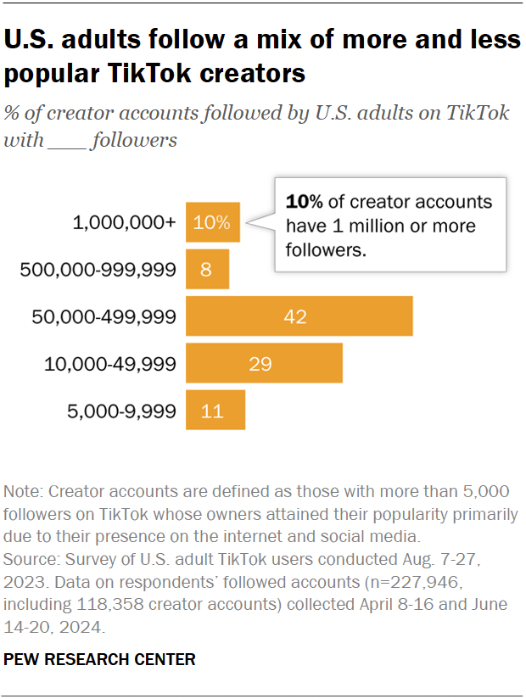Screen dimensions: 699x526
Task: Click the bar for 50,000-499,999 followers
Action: coord(299,316)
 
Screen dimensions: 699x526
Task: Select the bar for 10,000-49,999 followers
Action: coord(264,364)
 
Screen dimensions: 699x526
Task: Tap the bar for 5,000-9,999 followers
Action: coord(215,411)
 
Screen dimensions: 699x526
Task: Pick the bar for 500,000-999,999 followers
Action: coord(207,270)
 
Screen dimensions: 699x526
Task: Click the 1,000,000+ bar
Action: coord(213,223)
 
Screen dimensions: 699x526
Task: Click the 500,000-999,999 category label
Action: coord(98,270)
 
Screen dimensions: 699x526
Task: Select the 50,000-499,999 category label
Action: coord(104,317)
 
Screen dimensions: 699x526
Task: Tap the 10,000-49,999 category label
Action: coord(110,364)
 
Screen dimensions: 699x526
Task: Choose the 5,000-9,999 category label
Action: coord(121,411)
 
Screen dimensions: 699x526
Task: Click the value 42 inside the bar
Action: coord(296,317)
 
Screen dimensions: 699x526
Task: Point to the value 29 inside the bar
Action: coord(260,364)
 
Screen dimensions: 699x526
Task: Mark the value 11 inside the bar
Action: coord(212,411)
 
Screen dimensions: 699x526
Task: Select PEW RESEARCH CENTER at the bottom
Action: coord(100,659)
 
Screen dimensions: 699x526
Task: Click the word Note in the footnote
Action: coord(23,492)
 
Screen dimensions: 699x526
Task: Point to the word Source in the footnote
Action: coord(30,560)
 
